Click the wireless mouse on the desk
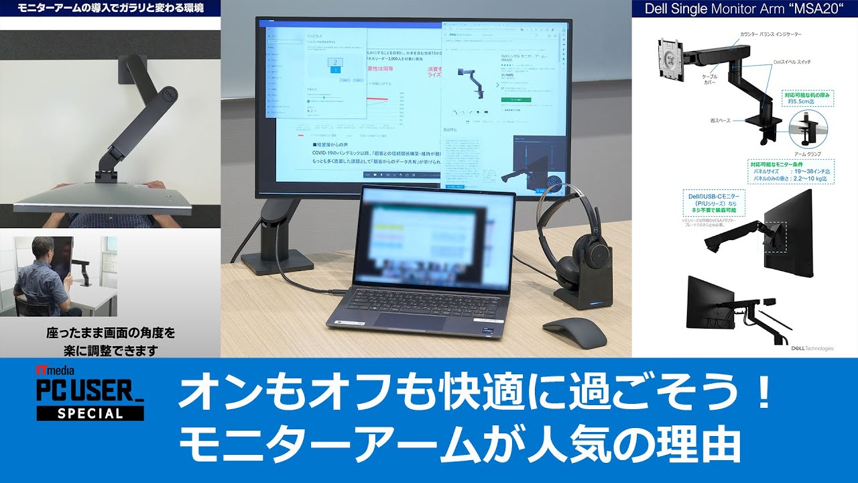tap(574, 331)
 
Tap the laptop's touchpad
tap(411, 321)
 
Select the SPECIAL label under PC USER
tap(90, 413)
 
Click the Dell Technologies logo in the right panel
tap(812, 348)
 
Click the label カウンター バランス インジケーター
tap(770, 34)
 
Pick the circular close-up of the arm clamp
tap(812, 129)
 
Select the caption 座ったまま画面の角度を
tap(111, 333)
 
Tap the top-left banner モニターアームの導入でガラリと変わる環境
tap(110, 8)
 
